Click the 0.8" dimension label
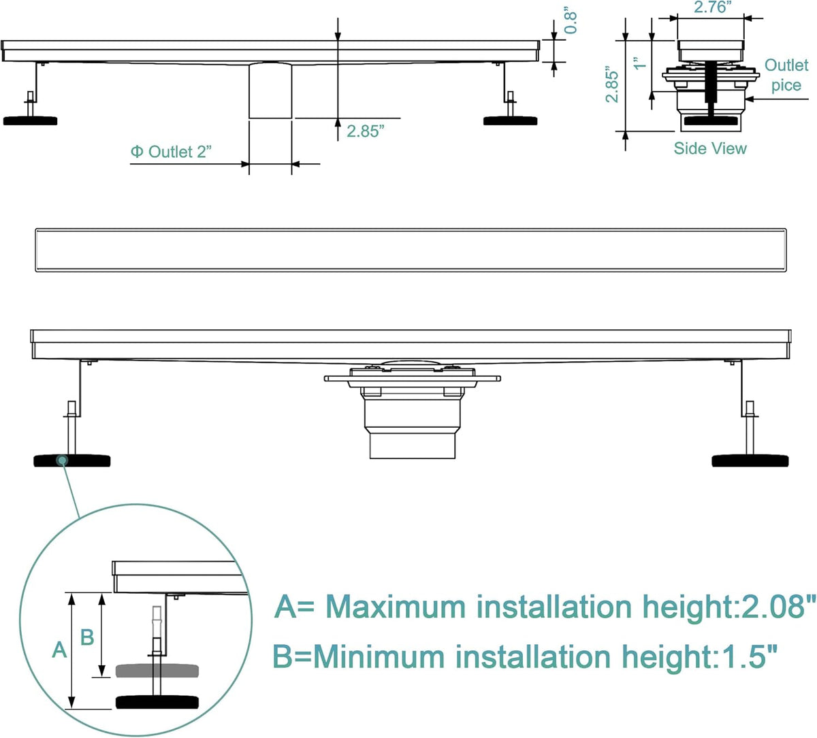(571, 22)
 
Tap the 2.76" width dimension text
(711, 7)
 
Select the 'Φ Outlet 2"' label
(172, 152)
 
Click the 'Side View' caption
(710, 148)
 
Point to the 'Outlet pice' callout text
(786, 75)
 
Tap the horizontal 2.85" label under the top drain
(366, 131)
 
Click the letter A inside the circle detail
(59, 650)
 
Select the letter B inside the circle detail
(87, 637)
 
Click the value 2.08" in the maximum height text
(777, 607)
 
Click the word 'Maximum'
(396, 607)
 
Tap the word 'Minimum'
(379, 657)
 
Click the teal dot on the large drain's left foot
(63, 460)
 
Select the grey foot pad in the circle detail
(157, 671)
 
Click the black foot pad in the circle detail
(157, 703)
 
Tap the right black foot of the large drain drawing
(750, 460)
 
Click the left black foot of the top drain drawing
(30, 120)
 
